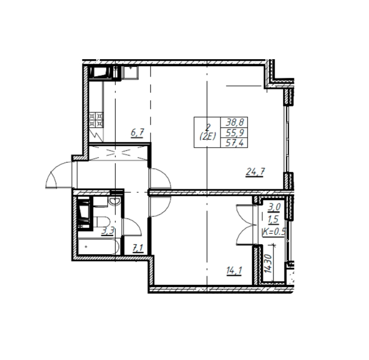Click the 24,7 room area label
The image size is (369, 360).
point(255,172)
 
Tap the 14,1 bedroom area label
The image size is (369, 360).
point(234,271)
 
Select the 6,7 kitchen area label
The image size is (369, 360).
point(137,133)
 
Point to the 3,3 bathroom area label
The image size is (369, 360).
point(108,231)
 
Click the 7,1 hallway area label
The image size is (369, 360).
point(138,248)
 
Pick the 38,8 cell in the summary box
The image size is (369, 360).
point(235,122)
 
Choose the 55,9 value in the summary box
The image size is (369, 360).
point(235,133)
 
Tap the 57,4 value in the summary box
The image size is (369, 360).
point(235,143)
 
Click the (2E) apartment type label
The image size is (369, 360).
point(207,137)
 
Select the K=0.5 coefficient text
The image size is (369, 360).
point(274,232)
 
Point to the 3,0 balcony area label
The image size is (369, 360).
point(274,207)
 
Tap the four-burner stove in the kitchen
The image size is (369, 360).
point(96,120)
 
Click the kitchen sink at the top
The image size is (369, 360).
point(130,72)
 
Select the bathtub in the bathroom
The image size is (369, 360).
point(98,247)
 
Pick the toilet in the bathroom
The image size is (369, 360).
point(102,222)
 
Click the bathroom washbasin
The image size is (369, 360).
point(115,201)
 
